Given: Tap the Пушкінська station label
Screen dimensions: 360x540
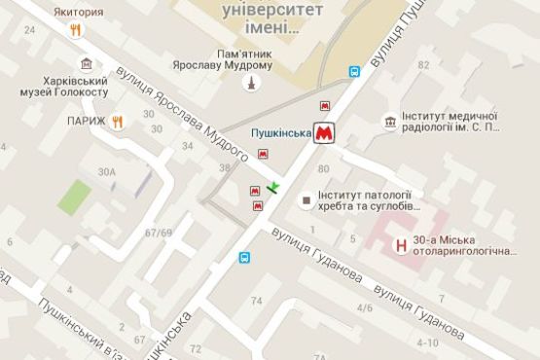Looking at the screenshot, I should [x=280, y=131].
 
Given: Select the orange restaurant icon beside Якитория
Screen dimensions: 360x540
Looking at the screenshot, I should [x=76, y=29].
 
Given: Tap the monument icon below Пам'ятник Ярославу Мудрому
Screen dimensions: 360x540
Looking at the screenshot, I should [x=252, y=83].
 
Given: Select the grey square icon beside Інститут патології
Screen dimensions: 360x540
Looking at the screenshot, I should [x=307, y=201].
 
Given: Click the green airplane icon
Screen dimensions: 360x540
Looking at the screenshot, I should [x=274, y=186].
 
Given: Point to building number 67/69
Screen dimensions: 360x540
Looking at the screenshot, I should [x=158, y=233].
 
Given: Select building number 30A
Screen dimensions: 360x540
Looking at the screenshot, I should [x=106, y=172].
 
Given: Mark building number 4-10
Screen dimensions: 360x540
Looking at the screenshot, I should [x=426, y=342].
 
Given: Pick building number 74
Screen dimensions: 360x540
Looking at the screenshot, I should [x=257, y=303].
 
